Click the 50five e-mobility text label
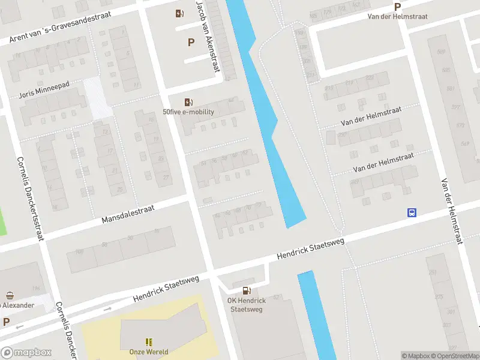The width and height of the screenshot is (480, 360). point(188,112)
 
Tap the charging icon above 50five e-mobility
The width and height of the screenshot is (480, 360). point(188,102)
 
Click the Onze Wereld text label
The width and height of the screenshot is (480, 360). point(149,352)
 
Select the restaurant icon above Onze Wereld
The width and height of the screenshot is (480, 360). point(149,341)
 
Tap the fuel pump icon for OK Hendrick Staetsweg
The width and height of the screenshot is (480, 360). point(246,291)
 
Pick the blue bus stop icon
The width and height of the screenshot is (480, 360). point(412,212)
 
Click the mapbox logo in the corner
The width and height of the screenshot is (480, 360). point(26,353)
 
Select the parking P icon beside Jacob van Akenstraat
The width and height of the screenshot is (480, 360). point(191,42)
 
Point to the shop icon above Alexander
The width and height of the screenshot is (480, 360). point(10,295)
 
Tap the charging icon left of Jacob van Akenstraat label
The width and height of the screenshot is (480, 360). point(179,13)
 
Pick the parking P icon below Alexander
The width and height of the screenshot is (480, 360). point(6,322)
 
